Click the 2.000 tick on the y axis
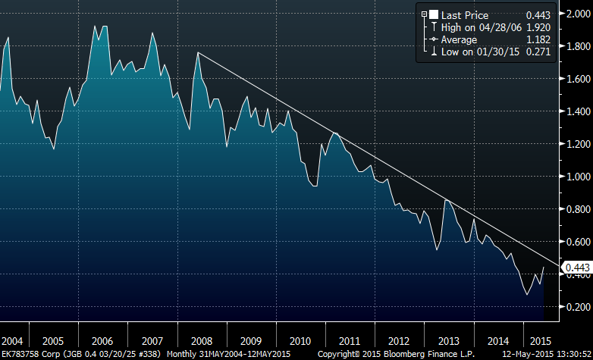click(x=574, y=14)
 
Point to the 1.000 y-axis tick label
click(x=574, y=177)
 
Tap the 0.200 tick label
click(x=574, y=307)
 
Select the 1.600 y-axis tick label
click(x=574, y=79)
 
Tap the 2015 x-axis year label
click(x=541, y=340)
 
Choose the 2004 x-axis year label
click(x=13, y=340)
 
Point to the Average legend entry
click(x=454, y=39)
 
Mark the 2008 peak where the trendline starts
click(x=197, y=52)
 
